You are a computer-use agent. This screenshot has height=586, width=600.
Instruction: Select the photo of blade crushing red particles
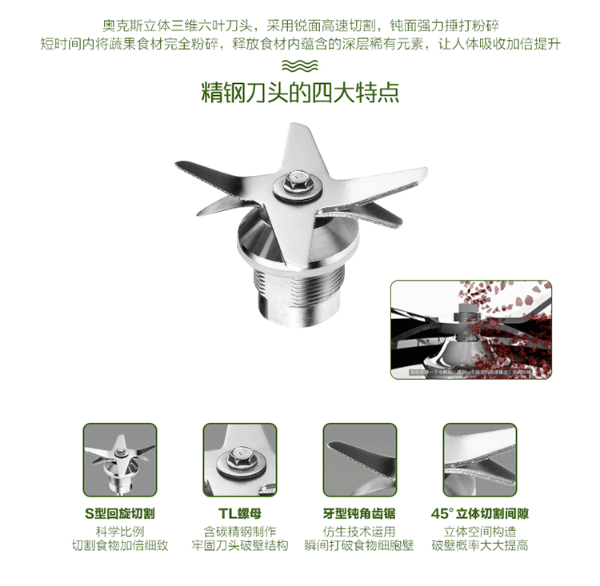(x=470, y=329)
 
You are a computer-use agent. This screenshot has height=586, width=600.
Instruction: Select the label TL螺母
(x=239, y=513)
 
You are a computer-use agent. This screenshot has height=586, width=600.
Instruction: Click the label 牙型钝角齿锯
(x=359, y=513)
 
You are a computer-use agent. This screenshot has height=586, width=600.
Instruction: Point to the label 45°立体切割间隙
(x=480, y=513)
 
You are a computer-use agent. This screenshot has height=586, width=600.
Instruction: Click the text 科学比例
(x=119, y=531)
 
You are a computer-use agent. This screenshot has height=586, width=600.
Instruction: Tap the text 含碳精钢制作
(x=239, y=531)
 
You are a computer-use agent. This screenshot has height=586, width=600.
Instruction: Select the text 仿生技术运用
(x=359, y=531)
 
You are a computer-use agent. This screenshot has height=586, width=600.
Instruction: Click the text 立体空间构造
(x=480, y=531)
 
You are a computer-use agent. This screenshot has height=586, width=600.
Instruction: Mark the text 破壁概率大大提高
(x=480, y=547)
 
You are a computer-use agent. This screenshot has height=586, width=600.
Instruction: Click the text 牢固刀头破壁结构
(x=239, y=547)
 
